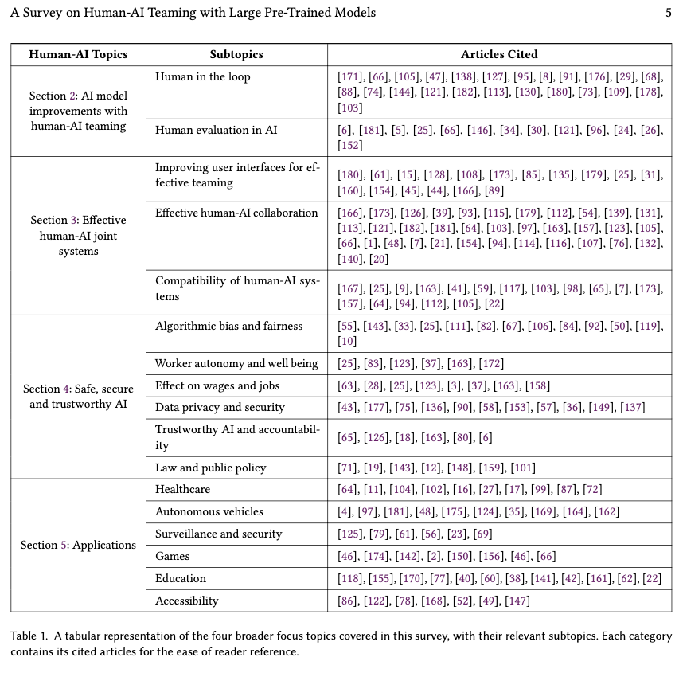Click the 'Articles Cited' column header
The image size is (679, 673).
(499, 55)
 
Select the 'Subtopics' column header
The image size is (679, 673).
(236, 55)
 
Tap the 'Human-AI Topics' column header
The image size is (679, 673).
(78, 55)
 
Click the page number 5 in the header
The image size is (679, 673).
(667, 13)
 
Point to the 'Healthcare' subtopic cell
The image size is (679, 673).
(182, 489)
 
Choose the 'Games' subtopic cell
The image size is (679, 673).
(172, 556)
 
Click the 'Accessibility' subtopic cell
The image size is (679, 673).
(186, 601)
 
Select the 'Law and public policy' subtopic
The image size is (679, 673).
(210, 468)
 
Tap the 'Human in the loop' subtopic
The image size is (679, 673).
(202, 77)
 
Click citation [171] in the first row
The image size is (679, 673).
(350, 77)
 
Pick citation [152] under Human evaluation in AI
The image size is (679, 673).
(350, 145)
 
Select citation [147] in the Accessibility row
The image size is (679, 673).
(517, 601)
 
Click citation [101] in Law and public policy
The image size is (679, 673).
(522, 468)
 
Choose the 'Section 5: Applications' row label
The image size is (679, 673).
(78, 546)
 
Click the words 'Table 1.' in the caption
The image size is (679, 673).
(30, 636)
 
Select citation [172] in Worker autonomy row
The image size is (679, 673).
(491, 363)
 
